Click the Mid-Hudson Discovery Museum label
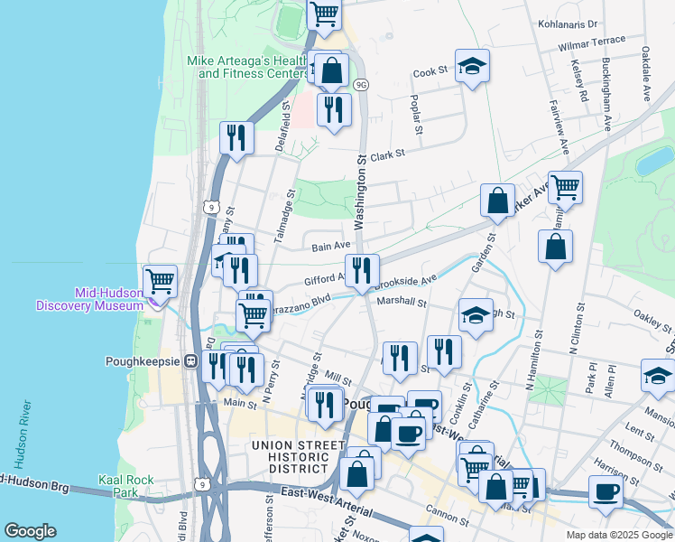pos(89,299)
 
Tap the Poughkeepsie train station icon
pos(190,360)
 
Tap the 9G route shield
pos(361,84)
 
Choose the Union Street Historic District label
pos(291,456)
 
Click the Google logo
pos(31,530)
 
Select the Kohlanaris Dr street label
pos(568,24)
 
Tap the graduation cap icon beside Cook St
pos(472,65)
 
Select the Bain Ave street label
pos(330,245)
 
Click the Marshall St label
pos(401,301)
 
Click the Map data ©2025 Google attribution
pos(618,534)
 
